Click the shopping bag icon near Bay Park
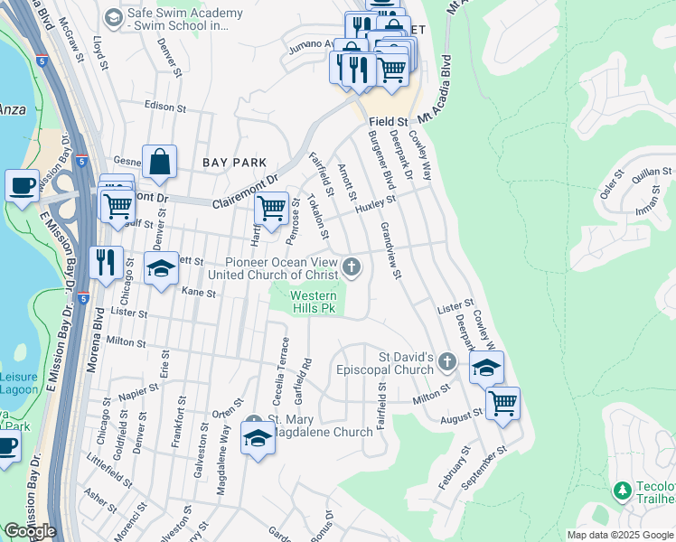159,164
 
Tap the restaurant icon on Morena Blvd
107,263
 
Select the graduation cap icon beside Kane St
162,270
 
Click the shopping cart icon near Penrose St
271,209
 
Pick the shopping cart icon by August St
502,402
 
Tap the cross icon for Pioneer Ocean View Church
352,267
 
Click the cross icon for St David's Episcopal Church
446,362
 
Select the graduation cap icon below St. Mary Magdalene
258,439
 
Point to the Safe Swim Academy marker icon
113,18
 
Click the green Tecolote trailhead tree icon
623,491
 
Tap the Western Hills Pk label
313,302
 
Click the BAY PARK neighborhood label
234,163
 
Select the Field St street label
389,119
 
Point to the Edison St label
164,107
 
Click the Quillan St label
652,174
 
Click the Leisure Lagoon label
19,383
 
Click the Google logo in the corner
30,531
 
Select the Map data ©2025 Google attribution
620,535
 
